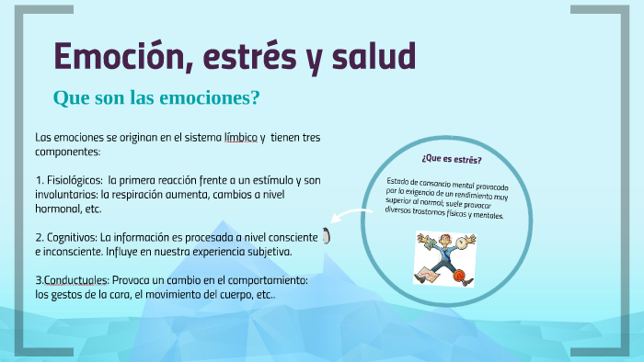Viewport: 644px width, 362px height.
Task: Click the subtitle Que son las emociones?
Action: [x=156, y=96]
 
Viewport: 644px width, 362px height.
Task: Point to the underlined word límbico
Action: [x=241, y=137]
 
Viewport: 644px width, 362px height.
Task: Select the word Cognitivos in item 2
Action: [x=72, y=236]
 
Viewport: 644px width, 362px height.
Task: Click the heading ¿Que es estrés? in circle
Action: [x=451, y=158]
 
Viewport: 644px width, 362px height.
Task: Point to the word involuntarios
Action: [x=66, y=195]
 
